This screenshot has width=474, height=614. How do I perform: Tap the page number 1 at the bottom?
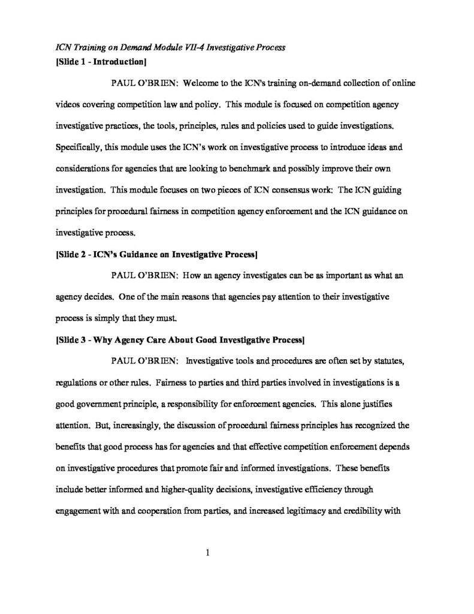pos(207,553)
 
